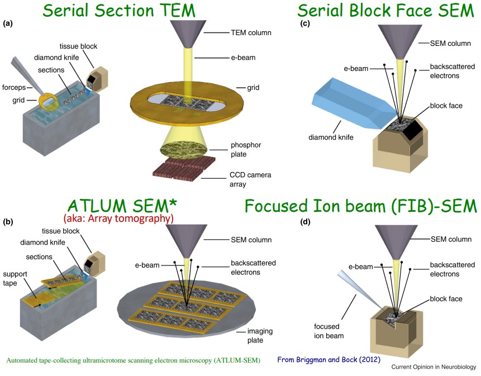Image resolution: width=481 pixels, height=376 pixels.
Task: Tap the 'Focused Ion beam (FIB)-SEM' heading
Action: click(x=360, y=206)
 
